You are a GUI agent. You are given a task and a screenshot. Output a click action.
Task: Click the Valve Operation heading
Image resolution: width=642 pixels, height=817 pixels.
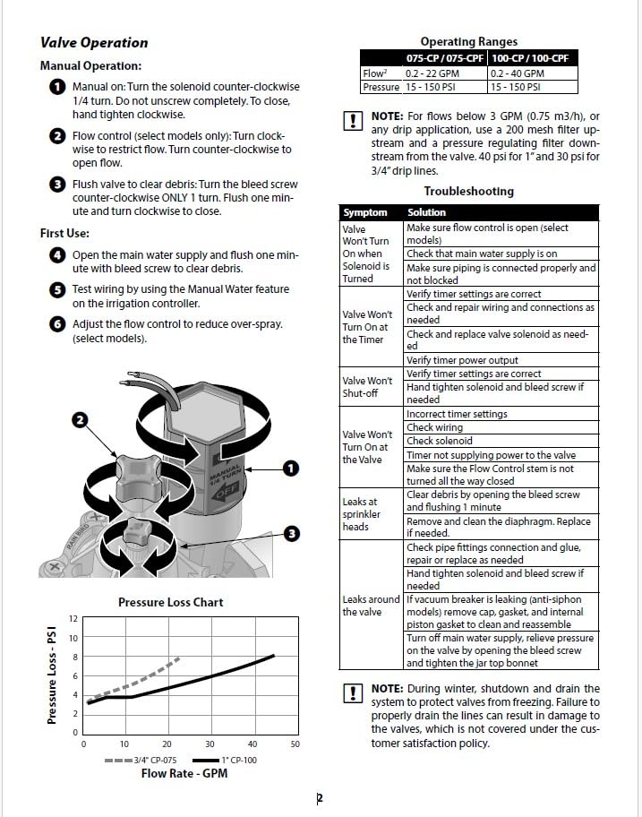pos(94,42)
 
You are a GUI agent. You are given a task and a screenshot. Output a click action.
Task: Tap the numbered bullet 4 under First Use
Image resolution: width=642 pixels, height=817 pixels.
pos(57,255)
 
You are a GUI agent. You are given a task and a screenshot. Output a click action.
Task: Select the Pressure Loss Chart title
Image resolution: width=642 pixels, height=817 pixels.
pos(170,602)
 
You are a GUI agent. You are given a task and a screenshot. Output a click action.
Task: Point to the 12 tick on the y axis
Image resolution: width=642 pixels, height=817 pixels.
pos(73,619)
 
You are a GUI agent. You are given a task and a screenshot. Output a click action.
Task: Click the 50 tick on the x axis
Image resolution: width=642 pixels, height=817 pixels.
pos(295,744)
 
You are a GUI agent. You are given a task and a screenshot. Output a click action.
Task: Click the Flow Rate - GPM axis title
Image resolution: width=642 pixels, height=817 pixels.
pos(184,773)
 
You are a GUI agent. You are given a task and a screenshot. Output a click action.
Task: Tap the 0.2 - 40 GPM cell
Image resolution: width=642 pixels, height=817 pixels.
pos(517,73)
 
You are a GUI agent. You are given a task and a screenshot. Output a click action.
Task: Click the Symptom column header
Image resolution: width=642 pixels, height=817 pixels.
pos(365,212)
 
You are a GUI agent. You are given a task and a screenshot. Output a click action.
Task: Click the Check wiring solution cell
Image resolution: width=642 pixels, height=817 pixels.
pos(434,427)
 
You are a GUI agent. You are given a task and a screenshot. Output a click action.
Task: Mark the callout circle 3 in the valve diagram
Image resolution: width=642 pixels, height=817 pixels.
pos(291,534)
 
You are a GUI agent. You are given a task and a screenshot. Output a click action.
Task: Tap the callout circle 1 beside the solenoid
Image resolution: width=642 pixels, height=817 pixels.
pos(289,468)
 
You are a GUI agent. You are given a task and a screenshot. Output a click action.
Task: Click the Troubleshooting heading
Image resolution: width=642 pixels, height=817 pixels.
pos(468,191)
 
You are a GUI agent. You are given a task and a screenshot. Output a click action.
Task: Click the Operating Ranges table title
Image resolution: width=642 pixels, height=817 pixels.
pos(468,41)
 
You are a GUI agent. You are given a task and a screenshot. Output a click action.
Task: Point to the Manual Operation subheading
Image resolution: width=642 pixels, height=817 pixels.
pos(90,66)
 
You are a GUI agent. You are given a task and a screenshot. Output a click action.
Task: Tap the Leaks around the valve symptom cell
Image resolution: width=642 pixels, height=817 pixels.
pos(371,605)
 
